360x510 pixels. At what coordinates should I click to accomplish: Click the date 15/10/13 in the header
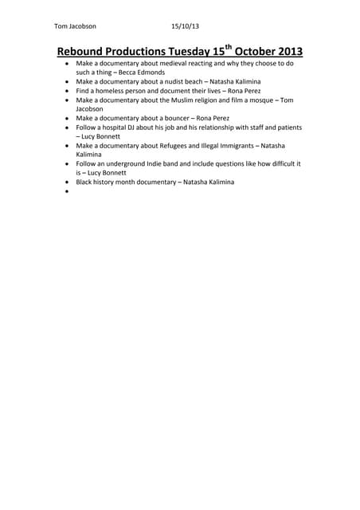[185, 25]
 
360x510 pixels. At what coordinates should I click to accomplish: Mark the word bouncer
[175, 117]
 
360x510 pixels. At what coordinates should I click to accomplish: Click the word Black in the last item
[86, 182]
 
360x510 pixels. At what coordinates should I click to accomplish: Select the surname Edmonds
[153, 72]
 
